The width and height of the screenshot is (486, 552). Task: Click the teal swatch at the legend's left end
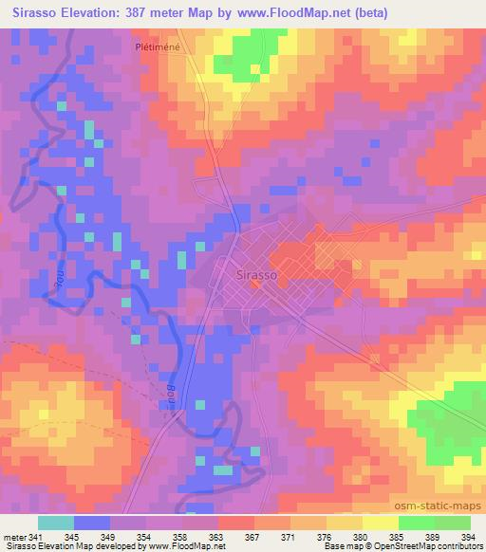click(x=56, y=522)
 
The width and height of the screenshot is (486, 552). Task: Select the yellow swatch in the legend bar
click(x=380, y=522)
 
